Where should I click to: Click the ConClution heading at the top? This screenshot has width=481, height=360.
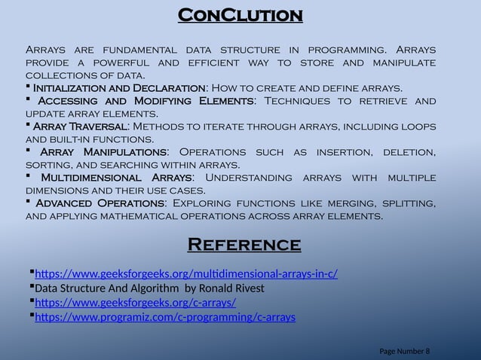click(240, 15)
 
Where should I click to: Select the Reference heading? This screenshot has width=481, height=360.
click(244, 245)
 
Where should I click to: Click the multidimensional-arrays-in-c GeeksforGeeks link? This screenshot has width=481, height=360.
click(186, 273)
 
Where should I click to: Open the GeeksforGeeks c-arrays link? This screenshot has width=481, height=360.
click(136, 303)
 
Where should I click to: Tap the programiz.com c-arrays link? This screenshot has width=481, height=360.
click(165, 317)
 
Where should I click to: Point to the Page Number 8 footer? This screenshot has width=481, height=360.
click(405, 351)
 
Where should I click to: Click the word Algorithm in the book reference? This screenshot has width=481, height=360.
click(145, 288)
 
